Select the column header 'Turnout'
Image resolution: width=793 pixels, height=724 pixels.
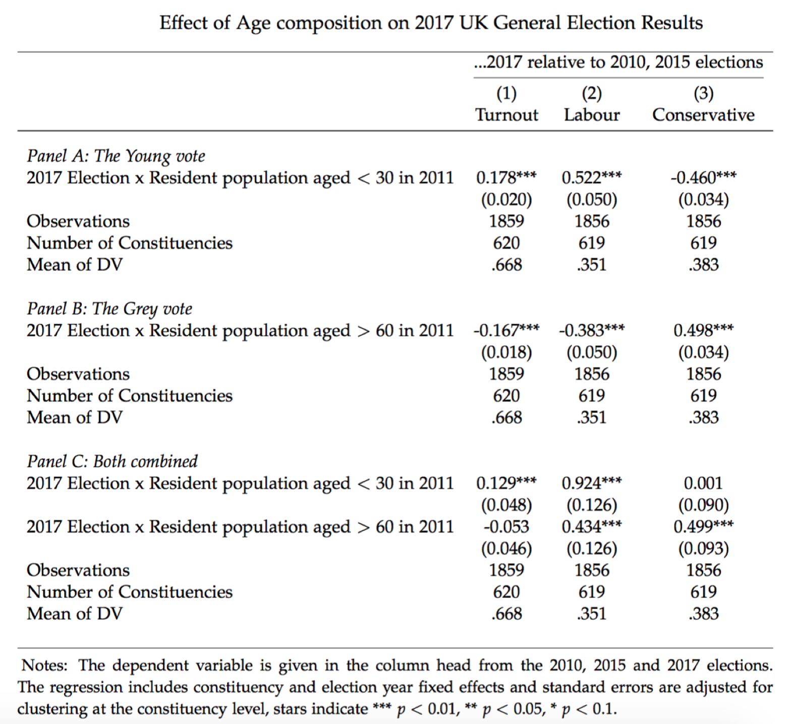pyautogui.click(x=506, y=115)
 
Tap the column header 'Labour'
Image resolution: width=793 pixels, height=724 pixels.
pyautogui.click(x=592, y=115)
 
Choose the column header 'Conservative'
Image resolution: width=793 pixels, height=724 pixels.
pyautogui.click(x=703, y=115)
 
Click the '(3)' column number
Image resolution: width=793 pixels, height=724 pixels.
pyautogui.click(x=703, y=93)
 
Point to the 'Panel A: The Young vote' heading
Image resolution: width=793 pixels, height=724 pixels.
pyautogui.click(x=116, y=156)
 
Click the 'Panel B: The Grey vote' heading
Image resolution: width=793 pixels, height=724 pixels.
pyautogui.click(x=109, y=309)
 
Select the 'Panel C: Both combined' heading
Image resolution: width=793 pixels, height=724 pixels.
pyautogui.click(x=112, y=461)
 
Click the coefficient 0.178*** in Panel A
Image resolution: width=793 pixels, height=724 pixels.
pyautogui.click(x=506, y=177)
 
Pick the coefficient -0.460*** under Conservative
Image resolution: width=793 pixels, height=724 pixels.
pyautogui.click(x=703, y=177)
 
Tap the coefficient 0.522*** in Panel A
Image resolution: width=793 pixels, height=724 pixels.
pyautogui.click(x=592, y=177)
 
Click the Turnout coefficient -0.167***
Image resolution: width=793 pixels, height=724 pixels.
pyautogui.click(x=506, y=330)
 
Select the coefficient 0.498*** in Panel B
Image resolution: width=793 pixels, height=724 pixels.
pyautogui.click(x=703, y=330)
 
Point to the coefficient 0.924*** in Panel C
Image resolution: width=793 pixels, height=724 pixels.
pyautogui.click(x=592, y=483)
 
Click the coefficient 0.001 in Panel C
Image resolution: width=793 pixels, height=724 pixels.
pyautogui.click(x=703, y=483)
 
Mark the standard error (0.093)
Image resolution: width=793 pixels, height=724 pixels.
pyautogui.click(x=703, y=549)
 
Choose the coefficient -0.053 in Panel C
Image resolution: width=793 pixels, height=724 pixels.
pyautogui.click(x=506, y=527)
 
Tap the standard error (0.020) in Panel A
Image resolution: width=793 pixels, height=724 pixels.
pyautogui.click(x=506, y=200)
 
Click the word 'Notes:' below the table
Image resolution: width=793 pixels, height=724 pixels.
pyautogui.click(x=44, y=666)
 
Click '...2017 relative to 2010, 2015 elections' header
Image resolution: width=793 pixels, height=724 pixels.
pyautogui.click(x=618, y=63)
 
